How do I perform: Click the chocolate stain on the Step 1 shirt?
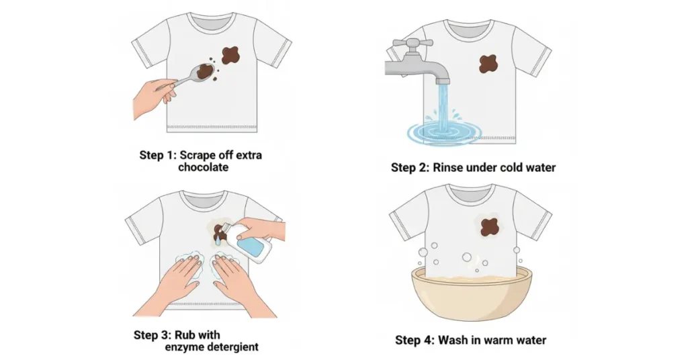click(x=230, y=55)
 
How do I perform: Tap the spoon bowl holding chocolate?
click(x=204, y=71)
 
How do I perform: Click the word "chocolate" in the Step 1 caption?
click(x=203, y=167)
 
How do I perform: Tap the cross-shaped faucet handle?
click(x=413, y=43)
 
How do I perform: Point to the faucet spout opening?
click(x=443, y=81)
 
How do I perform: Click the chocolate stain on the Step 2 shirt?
click(x=488, y=64)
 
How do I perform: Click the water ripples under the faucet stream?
click(x=443, y=132)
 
